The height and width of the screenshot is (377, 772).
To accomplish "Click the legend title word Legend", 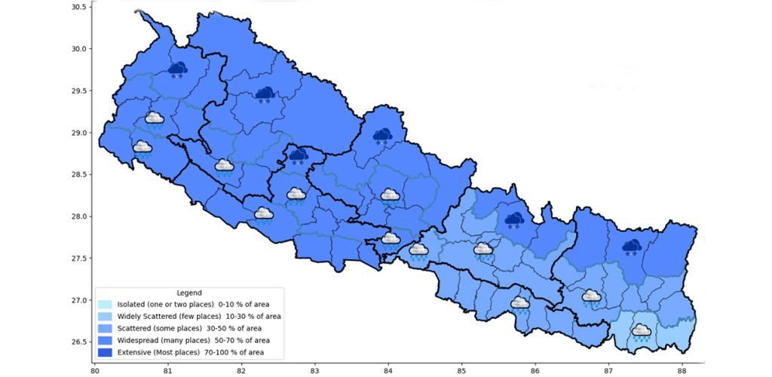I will [188, 293].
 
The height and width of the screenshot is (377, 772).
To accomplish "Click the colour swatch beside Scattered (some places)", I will [105, 328].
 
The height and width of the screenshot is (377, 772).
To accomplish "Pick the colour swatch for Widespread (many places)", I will [105, 340].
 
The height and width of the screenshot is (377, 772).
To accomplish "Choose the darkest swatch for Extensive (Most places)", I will [105, 352].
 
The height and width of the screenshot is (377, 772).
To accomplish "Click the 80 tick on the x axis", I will [94, 370].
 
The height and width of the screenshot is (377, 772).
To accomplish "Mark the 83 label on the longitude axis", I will [314, 370].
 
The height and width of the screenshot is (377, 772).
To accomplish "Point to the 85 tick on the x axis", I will [461, 370].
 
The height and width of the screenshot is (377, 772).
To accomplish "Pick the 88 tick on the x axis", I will [682, 370].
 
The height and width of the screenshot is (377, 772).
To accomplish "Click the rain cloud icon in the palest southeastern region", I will [642, 332].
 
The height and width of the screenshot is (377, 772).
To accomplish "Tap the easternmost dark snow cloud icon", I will [632, 247].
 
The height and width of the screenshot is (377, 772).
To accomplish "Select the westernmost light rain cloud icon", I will [142, 148].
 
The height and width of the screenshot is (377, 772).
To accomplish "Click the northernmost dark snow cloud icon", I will [178, 70].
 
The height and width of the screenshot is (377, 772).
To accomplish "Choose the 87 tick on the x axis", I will [608, 370].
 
